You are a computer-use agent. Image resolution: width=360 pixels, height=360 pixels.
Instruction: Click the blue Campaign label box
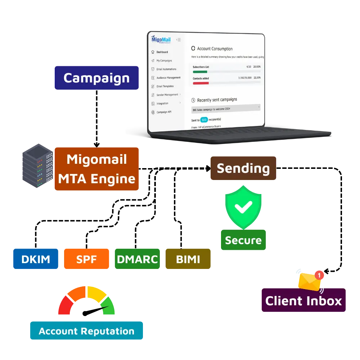click(96, 77)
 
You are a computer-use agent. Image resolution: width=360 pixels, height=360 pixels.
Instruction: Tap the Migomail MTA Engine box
click(96, 168)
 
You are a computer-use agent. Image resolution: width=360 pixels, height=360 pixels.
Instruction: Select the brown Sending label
click(243, 168)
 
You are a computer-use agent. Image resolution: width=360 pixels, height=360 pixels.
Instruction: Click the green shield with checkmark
click(243, 207)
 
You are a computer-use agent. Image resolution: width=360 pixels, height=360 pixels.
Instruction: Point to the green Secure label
click(243, 240)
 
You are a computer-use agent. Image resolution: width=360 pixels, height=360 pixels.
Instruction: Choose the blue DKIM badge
click(35, 259)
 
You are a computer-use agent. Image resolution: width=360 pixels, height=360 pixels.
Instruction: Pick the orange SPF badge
click(86, 259)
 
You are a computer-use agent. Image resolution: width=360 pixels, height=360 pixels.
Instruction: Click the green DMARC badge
click(138, 259)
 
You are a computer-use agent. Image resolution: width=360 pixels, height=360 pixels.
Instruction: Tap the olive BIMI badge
click(188, 259)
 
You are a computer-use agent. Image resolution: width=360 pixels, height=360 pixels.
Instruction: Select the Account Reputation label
click(86, 331)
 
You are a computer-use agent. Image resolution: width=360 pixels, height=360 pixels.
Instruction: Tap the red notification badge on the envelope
click(319, 275)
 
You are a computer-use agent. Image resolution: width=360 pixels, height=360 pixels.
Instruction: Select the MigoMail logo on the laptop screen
click(161, 39)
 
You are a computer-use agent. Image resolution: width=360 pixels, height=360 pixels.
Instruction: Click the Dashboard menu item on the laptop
click(162, 52)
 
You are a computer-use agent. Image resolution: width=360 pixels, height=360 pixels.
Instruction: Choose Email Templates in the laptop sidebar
click(165, 86)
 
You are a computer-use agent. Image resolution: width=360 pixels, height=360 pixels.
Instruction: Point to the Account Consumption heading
click(215, 49)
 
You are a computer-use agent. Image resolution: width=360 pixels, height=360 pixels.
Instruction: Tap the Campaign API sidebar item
click(164, 112)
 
